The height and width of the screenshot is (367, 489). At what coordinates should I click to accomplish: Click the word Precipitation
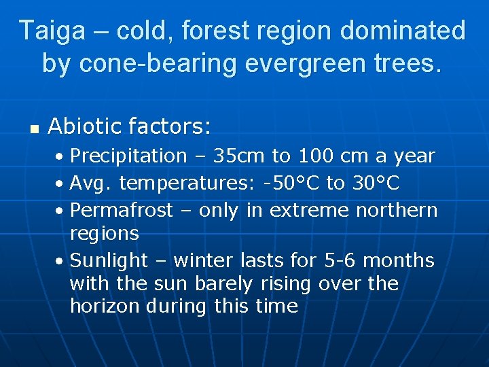click(128, 156)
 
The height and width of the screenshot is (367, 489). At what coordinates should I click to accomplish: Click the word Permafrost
click(122, 210)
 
